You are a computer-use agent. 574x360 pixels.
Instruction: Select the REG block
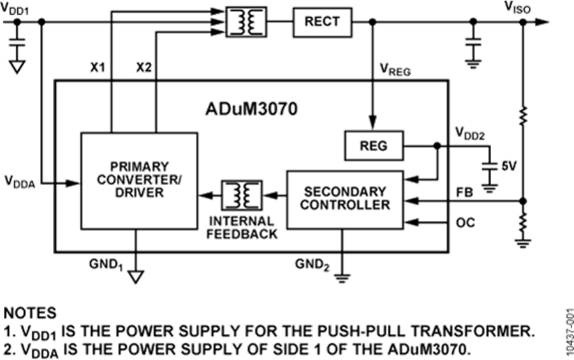click(373, 146)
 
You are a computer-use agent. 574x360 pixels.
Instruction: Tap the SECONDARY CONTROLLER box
click(344, 199)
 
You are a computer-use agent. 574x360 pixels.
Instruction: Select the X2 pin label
click(143, 67)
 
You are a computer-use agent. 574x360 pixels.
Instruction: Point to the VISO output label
click(517, 7)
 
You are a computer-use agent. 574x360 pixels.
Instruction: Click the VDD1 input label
click(18, 7)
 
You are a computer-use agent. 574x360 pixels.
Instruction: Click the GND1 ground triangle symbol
click(136, 276)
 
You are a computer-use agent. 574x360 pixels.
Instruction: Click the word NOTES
click(31, 313)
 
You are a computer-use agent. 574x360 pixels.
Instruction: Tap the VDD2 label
click(469, 133)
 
